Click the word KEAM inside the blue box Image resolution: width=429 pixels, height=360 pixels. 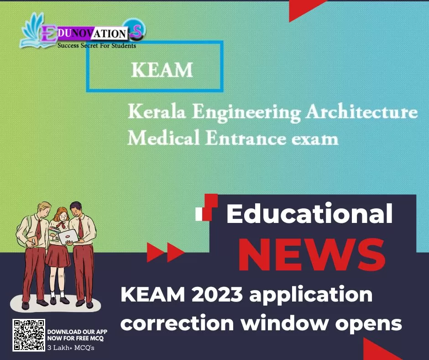click(x=162, y=70)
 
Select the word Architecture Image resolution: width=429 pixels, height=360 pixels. click(x=361, y=112)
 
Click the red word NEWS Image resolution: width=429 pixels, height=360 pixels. click(x=312, y=255)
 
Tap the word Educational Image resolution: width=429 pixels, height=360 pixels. click(x=309, y=213)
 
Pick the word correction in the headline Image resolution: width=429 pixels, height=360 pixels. click(x=177, y=323)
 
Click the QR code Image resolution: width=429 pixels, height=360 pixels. click(x=29, y=335)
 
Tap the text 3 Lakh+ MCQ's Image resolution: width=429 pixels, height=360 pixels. click(x=71, y=348)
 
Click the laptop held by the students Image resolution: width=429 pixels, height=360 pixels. click(x=68, y=237)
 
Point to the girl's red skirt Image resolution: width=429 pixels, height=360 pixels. click(x=58, y=256)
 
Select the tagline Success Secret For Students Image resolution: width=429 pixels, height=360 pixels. click(x=97, y=46)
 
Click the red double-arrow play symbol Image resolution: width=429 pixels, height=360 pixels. click(x=165, y=252)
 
